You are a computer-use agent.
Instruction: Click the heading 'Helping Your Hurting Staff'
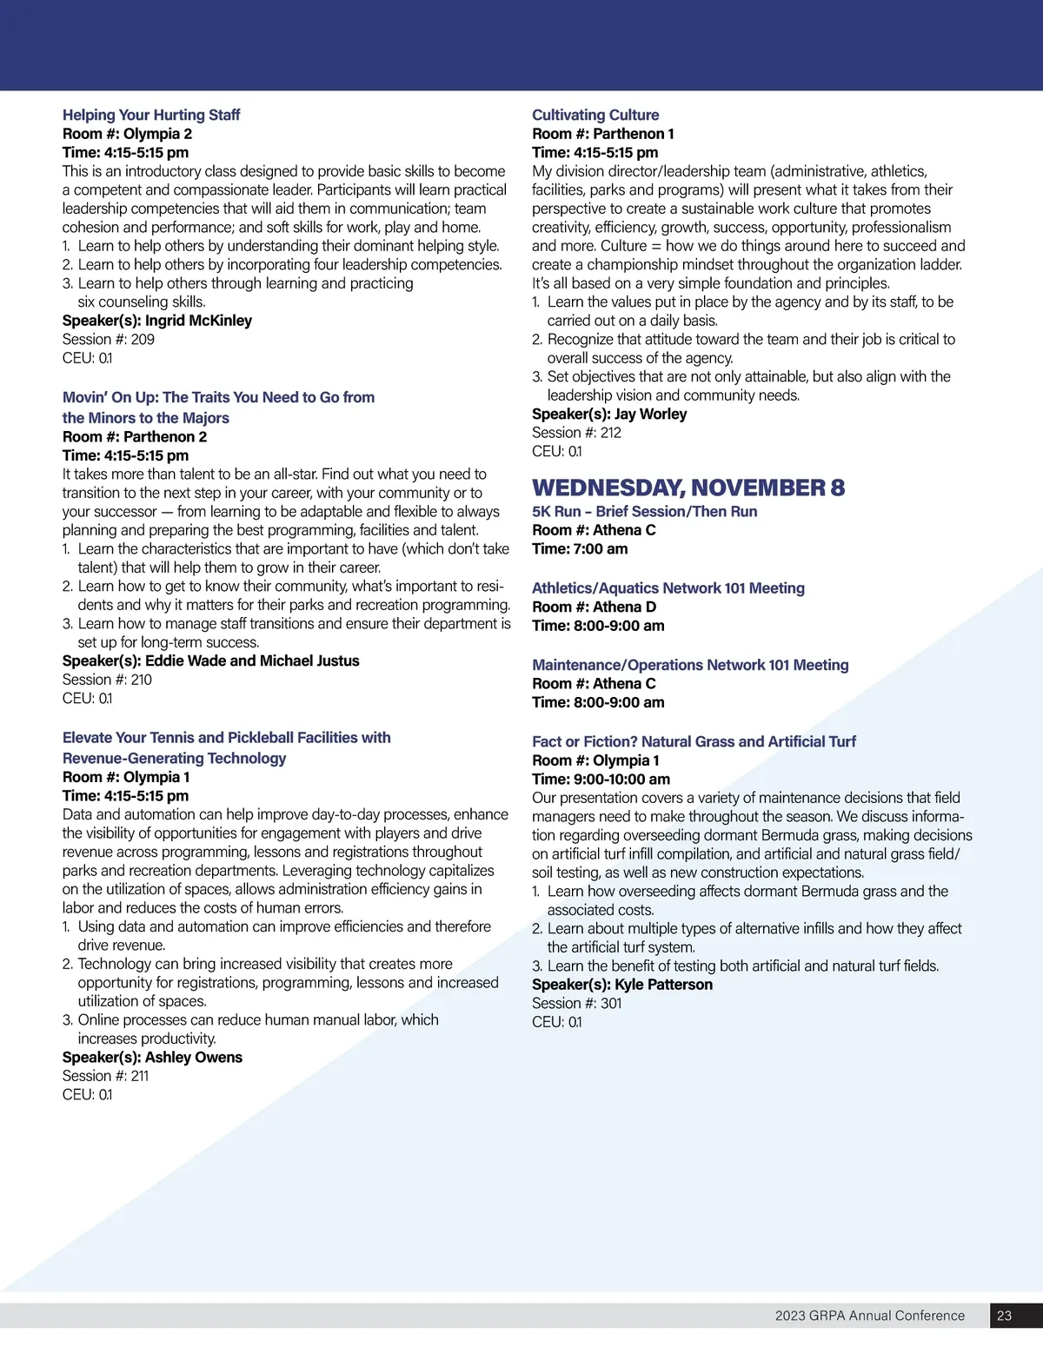click(x=151, y=115)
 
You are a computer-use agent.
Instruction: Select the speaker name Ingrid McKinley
click(x=198, y=321)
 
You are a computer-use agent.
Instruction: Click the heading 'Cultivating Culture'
click(x=595, y=115)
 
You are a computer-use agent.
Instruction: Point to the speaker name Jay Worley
click(x=650, y=414)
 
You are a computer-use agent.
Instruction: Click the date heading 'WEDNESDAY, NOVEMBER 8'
click(x=688, y=488)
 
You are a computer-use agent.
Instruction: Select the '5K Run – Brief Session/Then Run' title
click(x=644, y=511)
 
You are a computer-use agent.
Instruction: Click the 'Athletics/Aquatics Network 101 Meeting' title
click(x=668, y=587)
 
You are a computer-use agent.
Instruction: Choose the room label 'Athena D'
click(x=624, y=607)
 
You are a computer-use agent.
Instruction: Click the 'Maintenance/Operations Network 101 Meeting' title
click(x=690, y=665)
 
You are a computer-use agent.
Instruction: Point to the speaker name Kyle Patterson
click(x=663, y=985)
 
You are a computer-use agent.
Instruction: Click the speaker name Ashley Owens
click(x=193, y=1057)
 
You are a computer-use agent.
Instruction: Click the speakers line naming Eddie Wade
click(x=210, y=660)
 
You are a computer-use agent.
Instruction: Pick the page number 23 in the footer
click(x=1004, y=1316)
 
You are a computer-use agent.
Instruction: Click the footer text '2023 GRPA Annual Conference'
click(x=869, y=1316)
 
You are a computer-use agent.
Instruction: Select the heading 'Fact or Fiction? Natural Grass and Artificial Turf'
click(x=694, y=741)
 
